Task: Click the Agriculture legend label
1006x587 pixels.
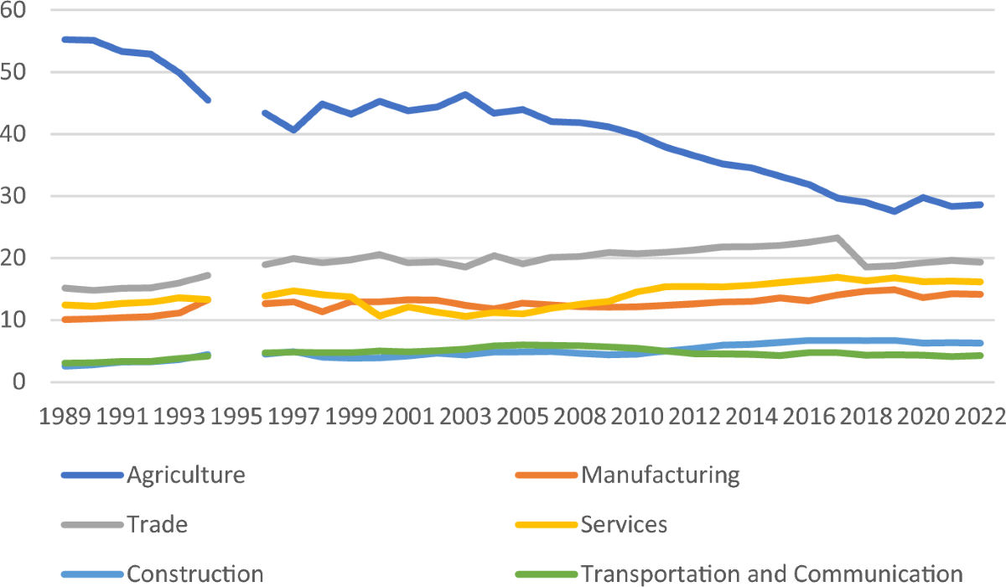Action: coord(186,475)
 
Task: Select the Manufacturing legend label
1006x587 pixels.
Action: coord(661,475)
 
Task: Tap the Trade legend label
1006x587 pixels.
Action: coord(157,525)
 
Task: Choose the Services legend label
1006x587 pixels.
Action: coord(624,525)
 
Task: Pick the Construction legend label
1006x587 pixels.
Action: coord(194,574)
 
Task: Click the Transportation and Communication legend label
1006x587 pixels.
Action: coord(771,574)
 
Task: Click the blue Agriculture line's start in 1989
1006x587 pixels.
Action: coord(65,39)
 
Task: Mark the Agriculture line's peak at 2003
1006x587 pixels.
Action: coord(465,95)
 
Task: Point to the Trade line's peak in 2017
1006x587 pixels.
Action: coord(837,238)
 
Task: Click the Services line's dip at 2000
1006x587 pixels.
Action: coord(379,316)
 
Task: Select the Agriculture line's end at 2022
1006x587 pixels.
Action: coord(981,205)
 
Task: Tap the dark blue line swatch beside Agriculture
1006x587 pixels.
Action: coord(91,475)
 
